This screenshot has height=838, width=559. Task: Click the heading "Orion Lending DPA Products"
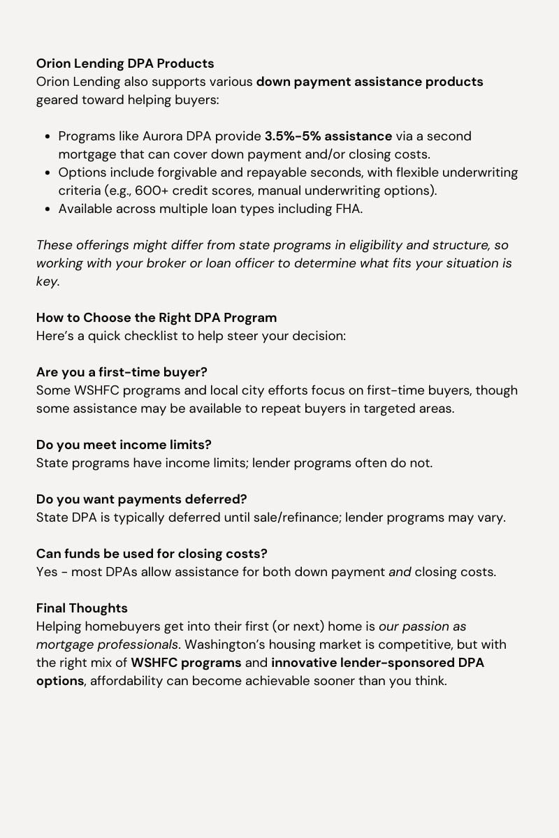tap(125, 64)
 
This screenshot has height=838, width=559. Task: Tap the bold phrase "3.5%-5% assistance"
tap(328, 136)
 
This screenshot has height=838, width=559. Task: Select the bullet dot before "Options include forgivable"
tap(47, 172)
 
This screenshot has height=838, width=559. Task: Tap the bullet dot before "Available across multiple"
tap(47, 209)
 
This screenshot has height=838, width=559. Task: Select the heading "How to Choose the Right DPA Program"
tap(157, 318)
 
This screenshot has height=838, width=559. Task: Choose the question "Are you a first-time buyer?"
tap(122, 372)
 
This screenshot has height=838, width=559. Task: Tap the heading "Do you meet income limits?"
tap(124, 445)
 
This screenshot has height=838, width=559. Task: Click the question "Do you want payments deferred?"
tap(141, 499)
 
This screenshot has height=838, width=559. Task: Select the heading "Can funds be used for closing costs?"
tap(152, 554)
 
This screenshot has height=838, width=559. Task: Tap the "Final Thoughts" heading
tap(82, 608)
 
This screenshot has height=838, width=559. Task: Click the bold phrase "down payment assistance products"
tap(370, 82)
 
